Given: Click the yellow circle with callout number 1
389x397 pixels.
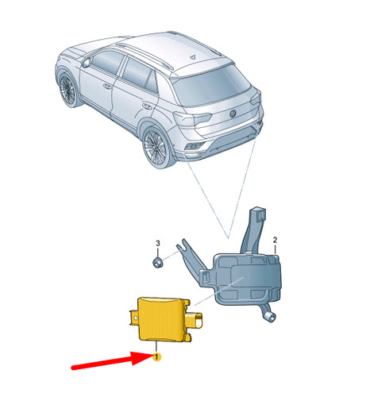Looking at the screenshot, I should click(x=157, y=358).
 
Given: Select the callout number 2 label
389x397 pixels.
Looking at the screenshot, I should click(x=275, y=239).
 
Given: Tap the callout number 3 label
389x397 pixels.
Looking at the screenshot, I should click(x=157, y=243).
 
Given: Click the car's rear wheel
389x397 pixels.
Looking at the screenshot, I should click(x=157, y=148).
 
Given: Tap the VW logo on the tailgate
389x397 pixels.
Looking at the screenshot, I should click(x=235, y=111).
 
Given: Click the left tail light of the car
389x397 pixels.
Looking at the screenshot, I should click(x=188, y=119).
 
